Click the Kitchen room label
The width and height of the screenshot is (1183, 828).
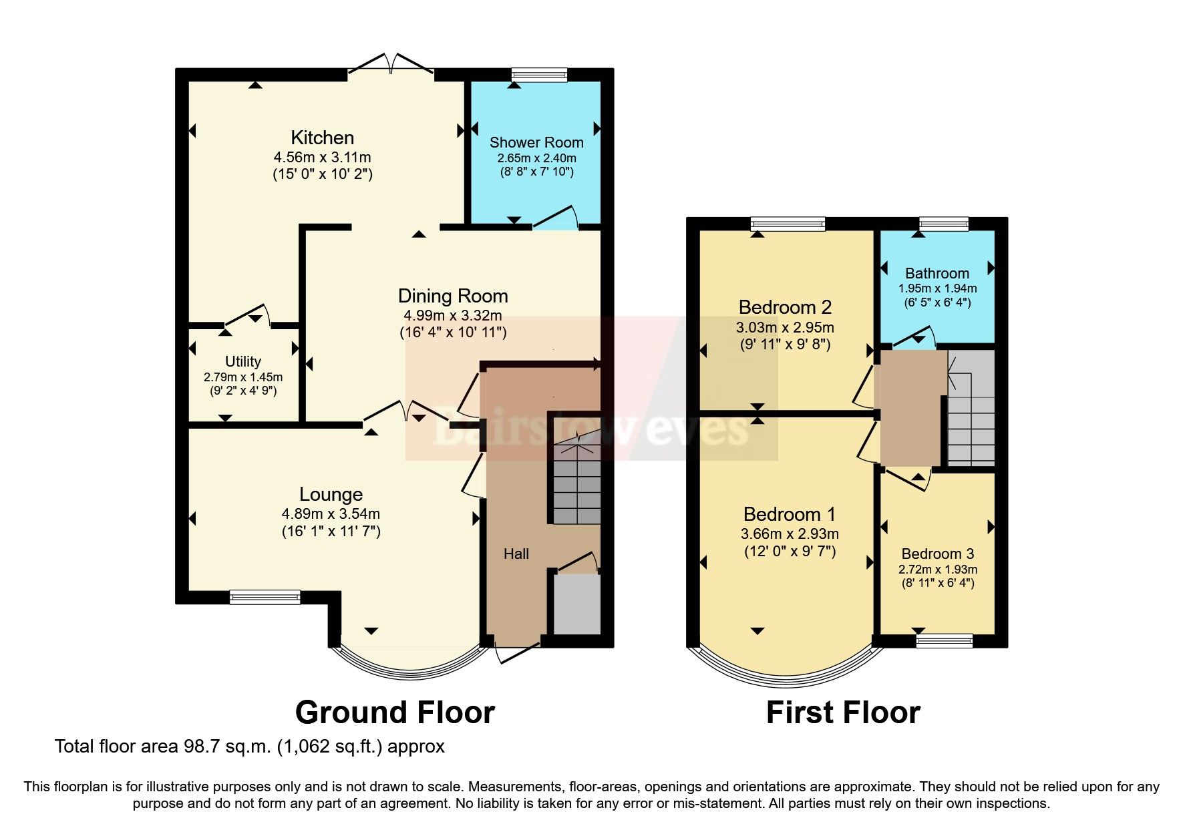(x=322, y=138)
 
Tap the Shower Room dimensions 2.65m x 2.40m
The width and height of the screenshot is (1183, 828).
(x=536, y=158)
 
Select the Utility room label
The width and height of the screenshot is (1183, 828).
(x=242, y=361)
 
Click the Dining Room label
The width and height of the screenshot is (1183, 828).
(x=453, y=296)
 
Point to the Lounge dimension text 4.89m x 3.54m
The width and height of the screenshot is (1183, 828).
(x=331, y=514)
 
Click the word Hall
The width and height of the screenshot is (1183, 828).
(x=516, y=554)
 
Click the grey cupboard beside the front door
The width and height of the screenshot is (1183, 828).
(x=576, y=604)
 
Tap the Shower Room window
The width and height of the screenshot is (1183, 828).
(x=538, y=75)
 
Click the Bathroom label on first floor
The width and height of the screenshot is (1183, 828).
(x=937, y=273)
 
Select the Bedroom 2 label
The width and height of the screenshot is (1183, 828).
(x=785, y=307)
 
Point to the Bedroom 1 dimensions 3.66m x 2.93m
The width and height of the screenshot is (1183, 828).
(x=790, y=534)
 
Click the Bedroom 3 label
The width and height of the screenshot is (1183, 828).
(x=937, y=554)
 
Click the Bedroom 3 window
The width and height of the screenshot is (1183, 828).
(x=944, y=641)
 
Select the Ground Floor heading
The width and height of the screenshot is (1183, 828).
(x=394, y=712)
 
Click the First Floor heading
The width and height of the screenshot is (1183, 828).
(x=842, y=712)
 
